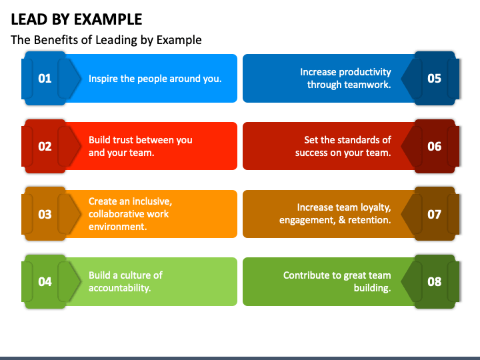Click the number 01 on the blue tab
click(45, 79)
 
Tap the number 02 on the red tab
click(45, 147)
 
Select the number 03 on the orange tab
click(45, 214)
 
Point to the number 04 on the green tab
click(45, 282)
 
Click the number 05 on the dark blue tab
click(435, 79)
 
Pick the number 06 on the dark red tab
click(435, 147)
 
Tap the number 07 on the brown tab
click(435, 214)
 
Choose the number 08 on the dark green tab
click(435, 282)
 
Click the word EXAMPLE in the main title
click(108, 19)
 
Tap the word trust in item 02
click(124, 140)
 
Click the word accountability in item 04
click(120, 288)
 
